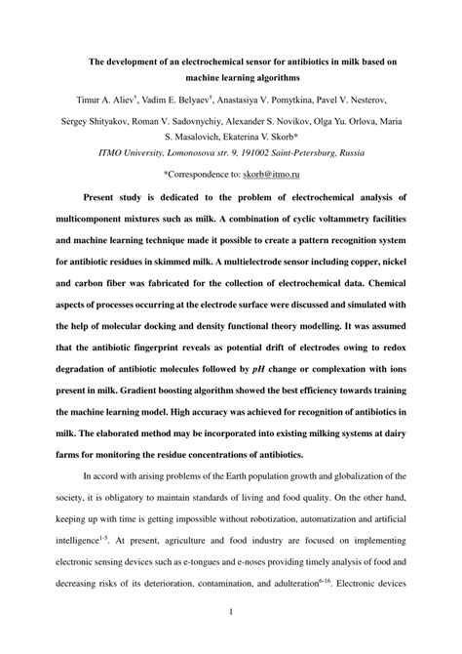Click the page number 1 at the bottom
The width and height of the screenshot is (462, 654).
230,638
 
